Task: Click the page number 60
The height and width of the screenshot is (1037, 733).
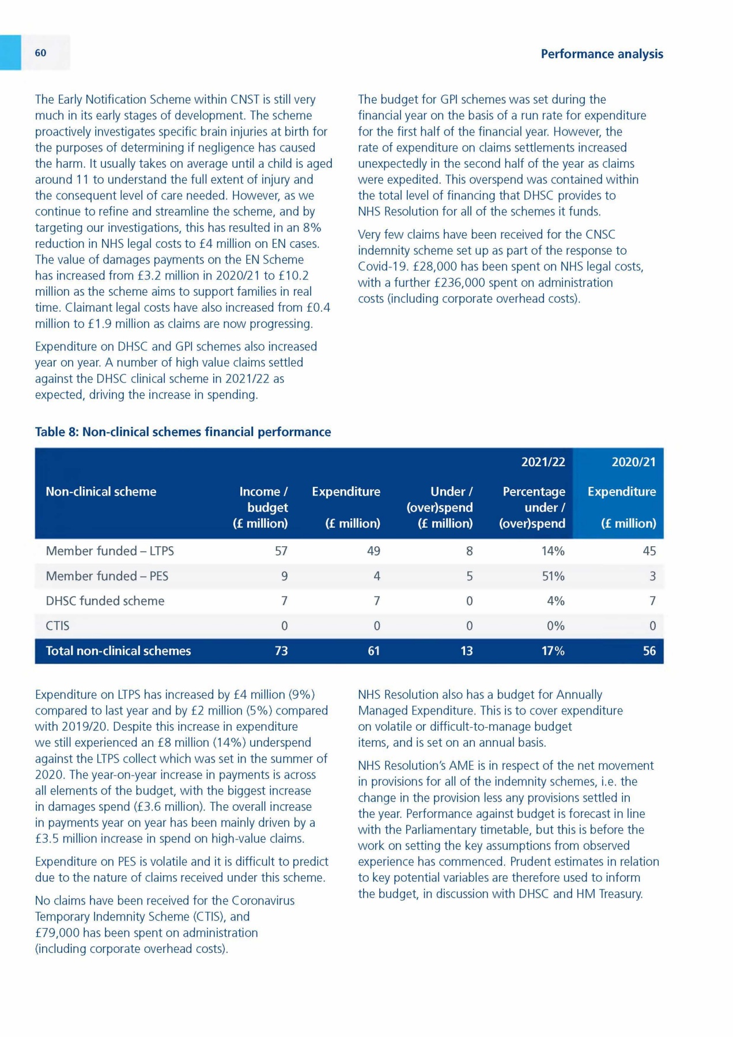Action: [x=40, y=53]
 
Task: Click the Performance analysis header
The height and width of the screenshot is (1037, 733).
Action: [x=602, y=54]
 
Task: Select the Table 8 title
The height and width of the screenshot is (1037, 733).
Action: [x=183, y=432]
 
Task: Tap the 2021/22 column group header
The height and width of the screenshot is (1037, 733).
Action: [x=543, y=462]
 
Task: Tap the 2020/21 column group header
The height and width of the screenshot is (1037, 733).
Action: [x=633, y=462]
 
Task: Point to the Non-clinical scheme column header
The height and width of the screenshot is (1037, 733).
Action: [x=101, y=491]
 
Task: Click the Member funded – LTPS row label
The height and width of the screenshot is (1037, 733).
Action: [x=109, y=551]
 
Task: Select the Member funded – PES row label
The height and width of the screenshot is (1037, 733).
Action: [x=107, y=576]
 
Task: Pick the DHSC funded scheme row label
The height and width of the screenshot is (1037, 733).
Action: [x=105, y=601]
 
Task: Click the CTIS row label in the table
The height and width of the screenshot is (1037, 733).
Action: [x=58, y=626]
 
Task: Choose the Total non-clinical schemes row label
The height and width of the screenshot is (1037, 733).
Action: [x=118, y=651]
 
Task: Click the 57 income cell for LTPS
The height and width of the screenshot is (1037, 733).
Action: [x=281, y=551]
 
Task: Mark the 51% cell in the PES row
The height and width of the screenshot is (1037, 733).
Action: [x=553, y=576]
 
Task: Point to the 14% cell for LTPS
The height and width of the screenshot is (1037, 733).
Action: [x=553, y=551]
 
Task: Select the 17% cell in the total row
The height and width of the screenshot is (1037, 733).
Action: [x=553, y=651]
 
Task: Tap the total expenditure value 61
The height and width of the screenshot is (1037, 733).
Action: [x=374, y=651]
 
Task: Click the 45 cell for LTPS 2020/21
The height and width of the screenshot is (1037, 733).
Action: [x=649, y=551]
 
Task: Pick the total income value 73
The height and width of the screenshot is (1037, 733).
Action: [x=281, y=651]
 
